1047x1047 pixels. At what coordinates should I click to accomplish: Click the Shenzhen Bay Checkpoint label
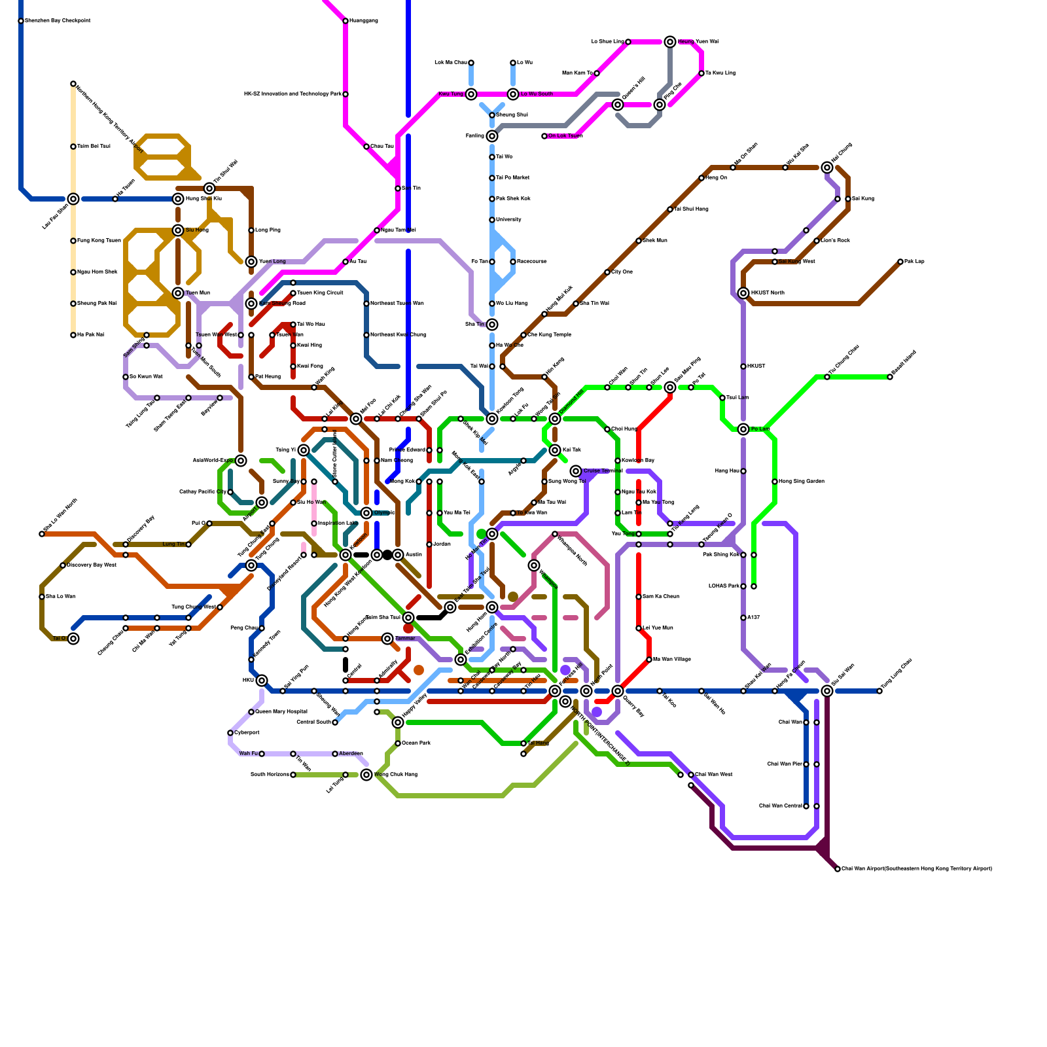pyautogui.click(x=58, y=21)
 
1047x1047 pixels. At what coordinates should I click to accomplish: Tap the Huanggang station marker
pyautogui.click(x=346, y=21)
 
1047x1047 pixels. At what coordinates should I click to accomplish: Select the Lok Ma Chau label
pyautogui.click(x=451, y=63)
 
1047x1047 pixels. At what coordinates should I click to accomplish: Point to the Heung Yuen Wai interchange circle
pyautogui.click(x=670, y=42)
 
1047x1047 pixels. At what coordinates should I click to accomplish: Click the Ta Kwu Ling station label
pyautogui.click(x=720, y=73)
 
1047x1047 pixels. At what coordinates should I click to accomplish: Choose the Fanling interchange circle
pyautogui.click(x=492, y=136)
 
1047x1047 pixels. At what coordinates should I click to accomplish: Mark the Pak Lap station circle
pyautogui.click(x=900, y=262)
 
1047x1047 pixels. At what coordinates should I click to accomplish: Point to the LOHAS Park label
pyautogui.click(x=724, y=586)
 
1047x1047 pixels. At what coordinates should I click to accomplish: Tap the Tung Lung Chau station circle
pyautogui.click(x=879, y=691)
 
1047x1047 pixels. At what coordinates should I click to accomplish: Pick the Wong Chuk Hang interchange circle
pyautogui.click(x=366, y=775)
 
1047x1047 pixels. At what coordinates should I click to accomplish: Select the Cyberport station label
pyautogui.click(x=247, y=733)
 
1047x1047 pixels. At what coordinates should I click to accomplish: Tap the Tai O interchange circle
pyautogui.click(x=73, y=639)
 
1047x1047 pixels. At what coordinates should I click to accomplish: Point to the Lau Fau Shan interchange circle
pyautogui.click(x=73, y=199)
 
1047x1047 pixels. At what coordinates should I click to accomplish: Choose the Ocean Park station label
pyautogui.click(x=416, y=743)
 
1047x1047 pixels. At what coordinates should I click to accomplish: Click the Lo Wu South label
pyautogui.click(x=537, y=94)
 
